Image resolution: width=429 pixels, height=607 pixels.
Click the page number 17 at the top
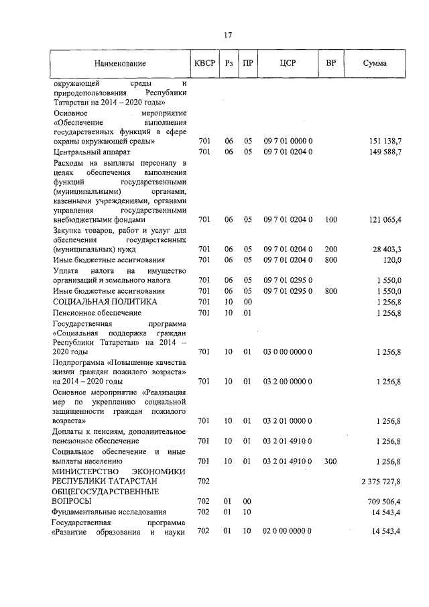point(228,36)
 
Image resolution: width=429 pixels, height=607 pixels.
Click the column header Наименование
point(120,64)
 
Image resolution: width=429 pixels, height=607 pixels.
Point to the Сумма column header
point(374,64)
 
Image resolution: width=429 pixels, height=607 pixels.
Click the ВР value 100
point(330,219)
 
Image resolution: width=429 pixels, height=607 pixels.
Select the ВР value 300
point(330,461)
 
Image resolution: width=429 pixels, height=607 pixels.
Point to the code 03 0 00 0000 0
point(288,351)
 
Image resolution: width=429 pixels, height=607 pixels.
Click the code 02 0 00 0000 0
point(288,531)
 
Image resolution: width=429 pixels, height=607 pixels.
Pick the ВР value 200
point(330,249)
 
